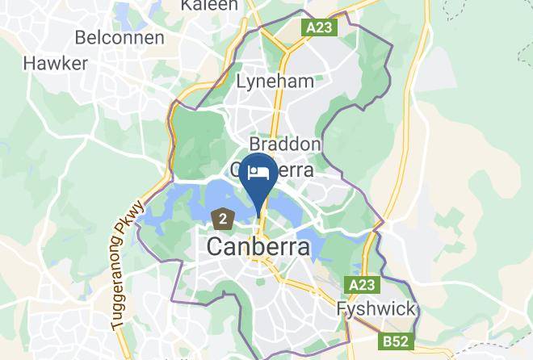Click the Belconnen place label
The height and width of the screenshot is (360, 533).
click(119, 37)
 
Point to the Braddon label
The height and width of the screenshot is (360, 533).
click(285, 144)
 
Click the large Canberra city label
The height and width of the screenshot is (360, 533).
click(258, 247)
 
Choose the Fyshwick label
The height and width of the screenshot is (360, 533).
click(376, 309)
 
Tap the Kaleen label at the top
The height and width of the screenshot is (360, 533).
click(209, 5)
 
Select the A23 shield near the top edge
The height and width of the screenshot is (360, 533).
click(321, 27)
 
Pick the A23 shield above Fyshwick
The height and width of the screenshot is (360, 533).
click(363, 285)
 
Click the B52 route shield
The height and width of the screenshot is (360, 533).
click(396, 341)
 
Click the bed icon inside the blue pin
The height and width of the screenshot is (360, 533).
click(259, 173)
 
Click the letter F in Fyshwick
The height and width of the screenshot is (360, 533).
click(342, 309)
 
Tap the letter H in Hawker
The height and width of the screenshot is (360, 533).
click(30, 63)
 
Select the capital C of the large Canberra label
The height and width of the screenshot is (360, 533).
click(216, 247)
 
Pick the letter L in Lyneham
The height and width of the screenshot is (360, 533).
click(241, 82)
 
